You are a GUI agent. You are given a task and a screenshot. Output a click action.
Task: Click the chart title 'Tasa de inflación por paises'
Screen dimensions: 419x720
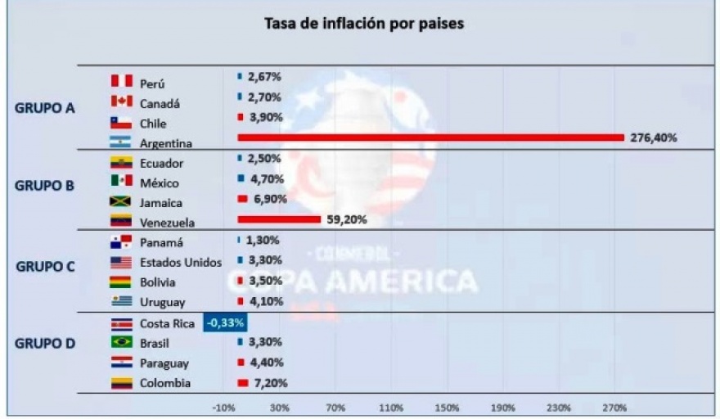tap(363, 24)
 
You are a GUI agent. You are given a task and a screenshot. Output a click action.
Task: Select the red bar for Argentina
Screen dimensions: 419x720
tap(430, 137)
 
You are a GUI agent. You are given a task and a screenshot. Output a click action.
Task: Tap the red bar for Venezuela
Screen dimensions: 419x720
tap(278, 219)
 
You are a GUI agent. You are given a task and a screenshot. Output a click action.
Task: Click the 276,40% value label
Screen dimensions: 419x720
tap(654, 137)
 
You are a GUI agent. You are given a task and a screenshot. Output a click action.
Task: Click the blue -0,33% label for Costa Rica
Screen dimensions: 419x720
tap(226, 323)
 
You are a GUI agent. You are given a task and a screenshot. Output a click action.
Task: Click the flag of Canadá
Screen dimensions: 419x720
tap(121, 101)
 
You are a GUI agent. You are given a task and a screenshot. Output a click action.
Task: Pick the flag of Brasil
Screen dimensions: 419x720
tap(121, 342)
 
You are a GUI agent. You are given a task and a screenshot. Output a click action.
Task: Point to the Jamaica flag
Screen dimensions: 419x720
tap(121, 201)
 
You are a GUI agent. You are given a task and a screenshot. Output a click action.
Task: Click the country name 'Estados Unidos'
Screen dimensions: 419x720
tap(180, 263)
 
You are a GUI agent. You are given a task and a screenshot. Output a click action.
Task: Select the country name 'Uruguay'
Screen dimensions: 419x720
tap(162, 302)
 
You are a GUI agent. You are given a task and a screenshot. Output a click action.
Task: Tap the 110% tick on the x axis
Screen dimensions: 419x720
tap(392, 408)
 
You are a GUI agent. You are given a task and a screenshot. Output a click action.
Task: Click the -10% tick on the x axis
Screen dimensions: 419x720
tap(223, 408)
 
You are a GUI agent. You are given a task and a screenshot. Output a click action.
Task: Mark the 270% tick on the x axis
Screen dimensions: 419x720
tap(614, 408)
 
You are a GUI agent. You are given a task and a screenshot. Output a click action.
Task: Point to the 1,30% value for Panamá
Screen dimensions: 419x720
tap(263, 241)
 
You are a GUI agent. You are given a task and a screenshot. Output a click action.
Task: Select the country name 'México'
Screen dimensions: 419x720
tap(159, 182)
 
